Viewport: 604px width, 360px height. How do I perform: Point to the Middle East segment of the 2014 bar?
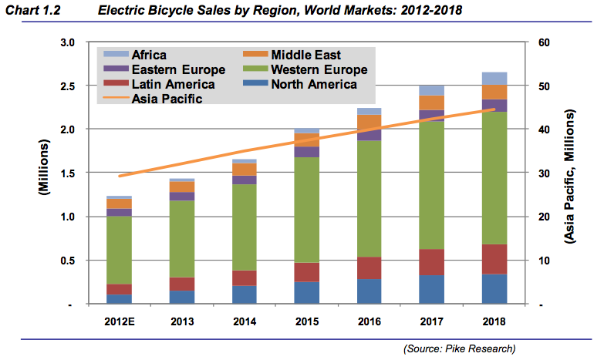(245, 169)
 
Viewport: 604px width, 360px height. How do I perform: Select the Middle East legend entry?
(296, 55)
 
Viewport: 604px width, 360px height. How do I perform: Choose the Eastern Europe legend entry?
(166, 69)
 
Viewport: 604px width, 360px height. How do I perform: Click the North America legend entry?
(305, 84)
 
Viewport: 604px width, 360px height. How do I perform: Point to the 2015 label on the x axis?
(307, 320)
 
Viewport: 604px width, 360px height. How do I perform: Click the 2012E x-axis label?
(119, 320)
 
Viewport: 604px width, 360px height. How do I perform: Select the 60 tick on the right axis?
(542, 42)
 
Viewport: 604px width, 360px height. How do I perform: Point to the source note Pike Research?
(459, 349)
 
